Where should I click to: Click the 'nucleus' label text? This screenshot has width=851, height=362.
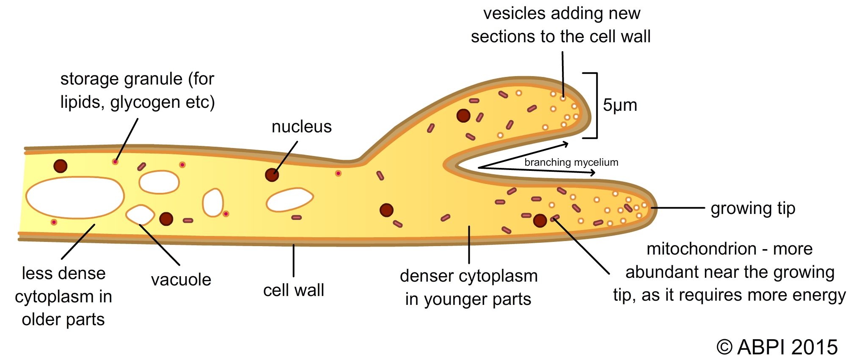(301, 127)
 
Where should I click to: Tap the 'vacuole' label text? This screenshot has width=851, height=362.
(181, 280)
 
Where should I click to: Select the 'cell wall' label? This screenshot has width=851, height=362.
(294, 291)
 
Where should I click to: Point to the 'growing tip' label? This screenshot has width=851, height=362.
(753, 208)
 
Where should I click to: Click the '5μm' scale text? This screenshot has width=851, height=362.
(620, 105)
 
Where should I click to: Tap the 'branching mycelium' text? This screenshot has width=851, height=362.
(571, 162)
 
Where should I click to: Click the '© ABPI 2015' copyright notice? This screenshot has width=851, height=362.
(777, 347)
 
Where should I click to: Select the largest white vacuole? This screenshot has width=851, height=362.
(75, 197)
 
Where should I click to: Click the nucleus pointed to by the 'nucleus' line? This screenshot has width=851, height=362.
(272, 175)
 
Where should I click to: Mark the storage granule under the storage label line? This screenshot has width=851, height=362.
(115, 162)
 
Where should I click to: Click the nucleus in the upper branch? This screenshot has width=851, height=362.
(463, 115)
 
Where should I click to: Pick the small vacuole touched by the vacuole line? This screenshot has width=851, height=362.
(140, 214)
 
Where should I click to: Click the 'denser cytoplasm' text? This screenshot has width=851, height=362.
(468, 276)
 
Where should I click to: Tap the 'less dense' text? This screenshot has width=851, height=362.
(63, 274)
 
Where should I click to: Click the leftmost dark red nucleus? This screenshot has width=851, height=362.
(61, 166)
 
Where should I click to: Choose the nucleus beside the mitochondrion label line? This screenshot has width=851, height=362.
(540, 220)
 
